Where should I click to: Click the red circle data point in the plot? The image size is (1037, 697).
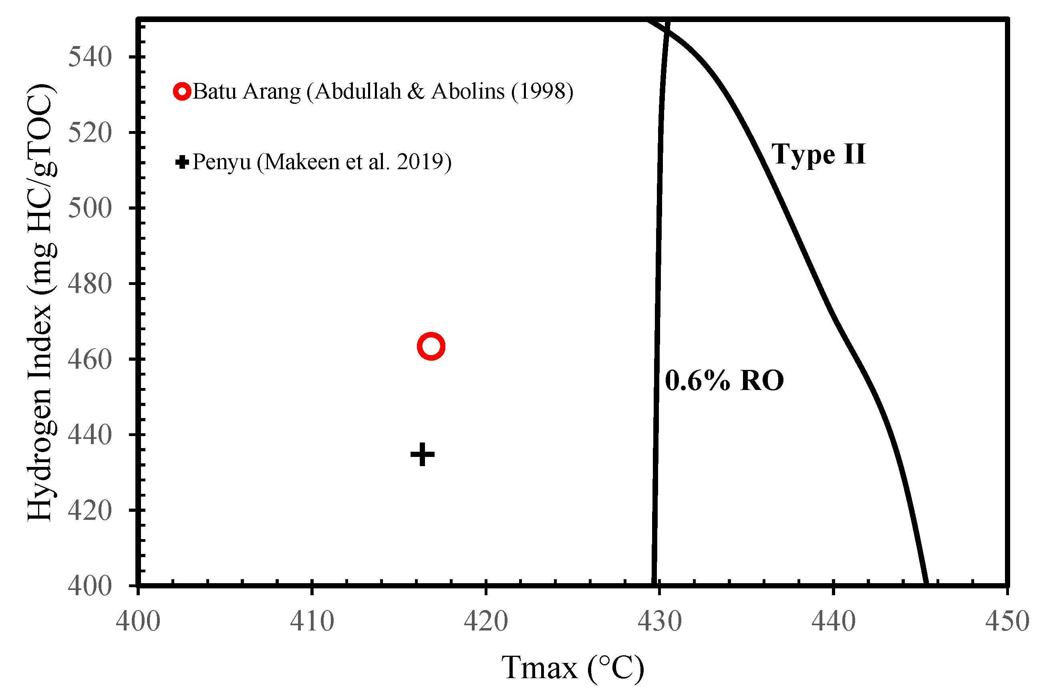click(x=431, y=346)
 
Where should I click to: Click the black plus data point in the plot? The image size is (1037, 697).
click(x=422, y=454)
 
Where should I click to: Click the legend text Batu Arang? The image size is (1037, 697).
click(x=246, y=91)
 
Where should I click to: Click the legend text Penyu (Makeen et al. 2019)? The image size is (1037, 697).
click(x=322, y=162)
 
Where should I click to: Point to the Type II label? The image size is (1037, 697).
click(x=818, y=154)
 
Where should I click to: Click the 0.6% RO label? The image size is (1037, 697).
click(x=724, y=381)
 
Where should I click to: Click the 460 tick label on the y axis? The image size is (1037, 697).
click(x=90, y=360)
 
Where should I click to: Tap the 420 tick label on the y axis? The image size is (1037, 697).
click(x=90, y=511)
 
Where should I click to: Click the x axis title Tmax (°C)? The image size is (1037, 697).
click(x=572, y=668)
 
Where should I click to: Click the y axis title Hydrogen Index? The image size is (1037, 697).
click(x=41, y=302)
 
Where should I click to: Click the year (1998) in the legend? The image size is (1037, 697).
click(x=542, y=91)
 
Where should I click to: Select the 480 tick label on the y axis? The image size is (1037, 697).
click(x=90, y=284)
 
